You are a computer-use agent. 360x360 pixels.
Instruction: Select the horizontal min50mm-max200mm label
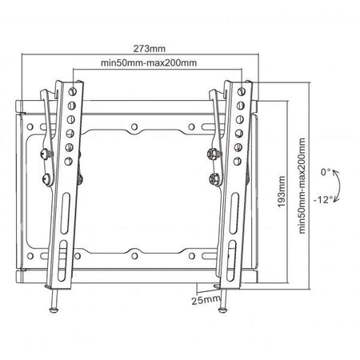tap(150, 62)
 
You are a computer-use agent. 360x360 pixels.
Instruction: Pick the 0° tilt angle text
tap(325, 171)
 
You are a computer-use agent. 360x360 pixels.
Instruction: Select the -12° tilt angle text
tap(326, 199)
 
